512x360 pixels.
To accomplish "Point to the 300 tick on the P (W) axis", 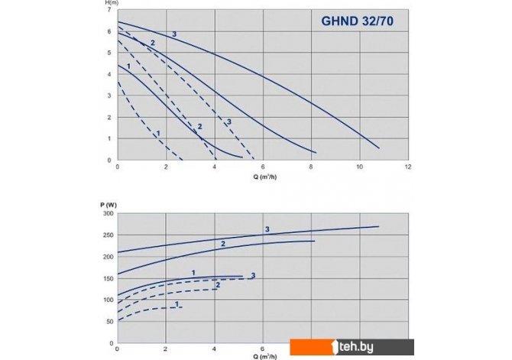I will pyautogui.click(x=106, y=215).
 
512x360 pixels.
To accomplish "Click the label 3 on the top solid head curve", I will pyautogui.click(x=174, y=34).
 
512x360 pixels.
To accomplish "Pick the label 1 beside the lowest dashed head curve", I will pyautogui.click(x=157, y=134).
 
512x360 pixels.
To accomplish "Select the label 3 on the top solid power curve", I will pyautogui.click(x=267, y=229).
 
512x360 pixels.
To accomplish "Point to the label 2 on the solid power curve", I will pyautogui.click(x=222, y=243).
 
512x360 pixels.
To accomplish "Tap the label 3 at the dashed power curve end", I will pyautogui.click(x=252, y=275).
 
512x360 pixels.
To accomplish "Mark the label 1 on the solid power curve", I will pyautogui.click(x=193, y=273).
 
